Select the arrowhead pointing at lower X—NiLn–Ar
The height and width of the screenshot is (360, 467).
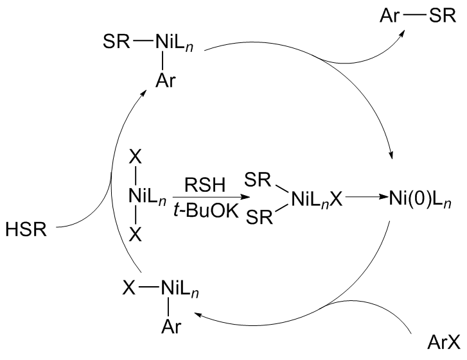click(x=197, y=313)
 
